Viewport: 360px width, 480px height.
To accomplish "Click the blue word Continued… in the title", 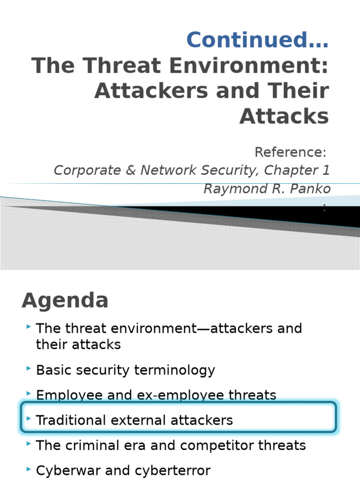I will pos(257,39).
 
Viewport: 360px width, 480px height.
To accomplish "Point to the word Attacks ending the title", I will pos(285,116).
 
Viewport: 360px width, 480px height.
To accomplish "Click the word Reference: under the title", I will pos(292,152).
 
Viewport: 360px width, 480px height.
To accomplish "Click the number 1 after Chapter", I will pos(326,170).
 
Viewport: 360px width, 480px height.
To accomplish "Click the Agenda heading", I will pos(65,300).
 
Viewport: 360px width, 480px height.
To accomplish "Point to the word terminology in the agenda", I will pos(174,370).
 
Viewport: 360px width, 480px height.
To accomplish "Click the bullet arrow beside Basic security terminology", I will pos(29,369).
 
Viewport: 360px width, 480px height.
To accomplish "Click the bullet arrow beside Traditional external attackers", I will pos(29,419).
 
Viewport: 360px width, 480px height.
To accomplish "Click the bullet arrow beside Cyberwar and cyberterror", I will pos(29,469).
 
